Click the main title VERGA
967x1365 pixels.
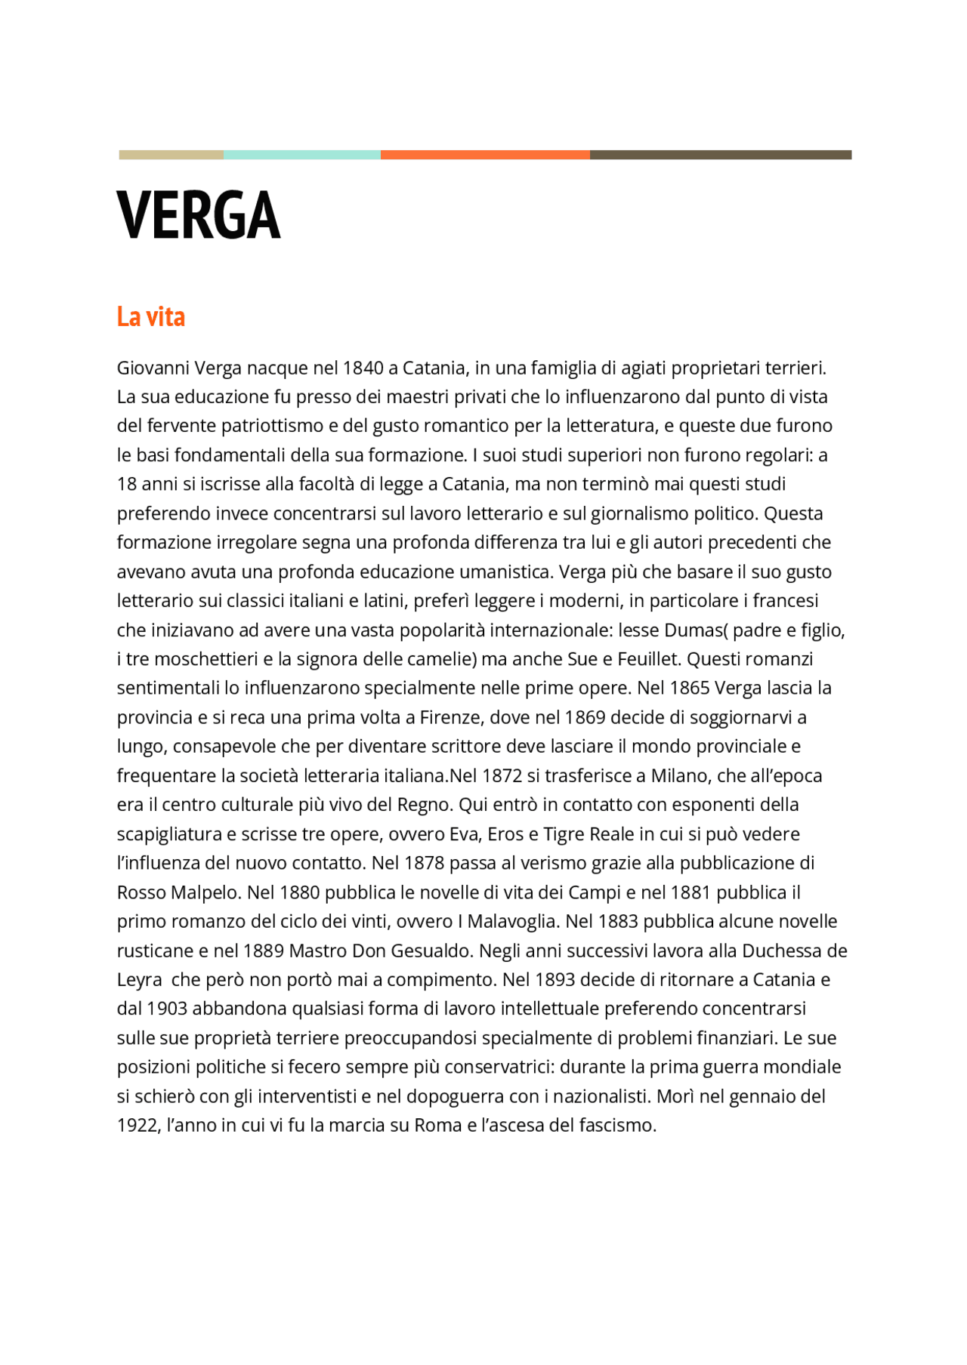199,216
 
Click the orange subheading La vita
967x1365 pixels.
150,316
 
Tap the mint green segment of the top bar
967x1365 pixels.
301,155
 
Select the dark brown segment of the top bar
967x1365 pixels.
720,155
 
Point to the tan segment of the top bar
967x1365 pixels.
171,155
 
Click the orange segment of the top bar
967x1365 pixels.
485,155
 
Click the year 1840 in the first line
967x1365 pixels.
363,368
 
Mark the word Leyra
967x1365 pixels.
139,980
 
